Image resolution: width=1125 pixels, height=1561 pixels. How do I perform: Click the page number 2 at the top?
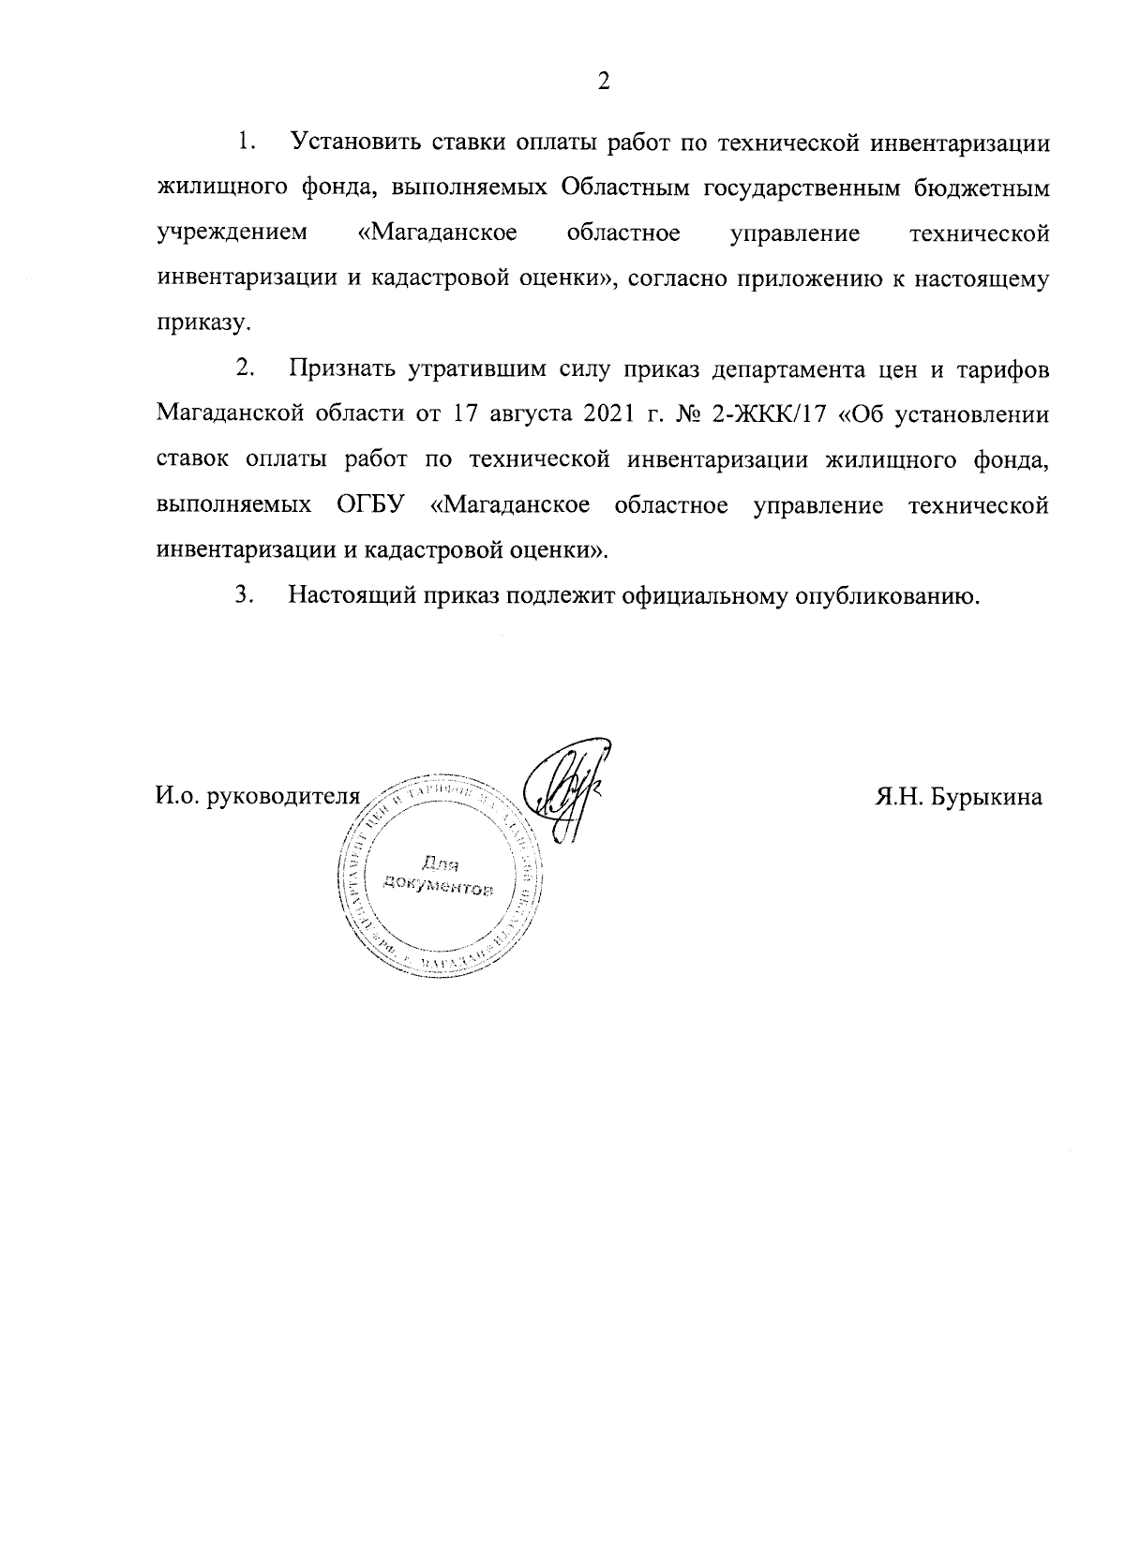click(604, 82)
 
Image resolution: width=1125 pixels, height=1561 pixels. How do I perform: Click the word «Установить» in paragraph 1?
click(353, 143)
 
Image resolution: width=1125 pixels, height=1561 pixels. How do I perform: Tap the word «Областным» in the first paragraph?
click(625, 188)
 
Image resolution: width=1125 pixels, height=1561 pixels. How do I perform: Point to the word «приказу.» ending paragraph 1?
click(203, 324)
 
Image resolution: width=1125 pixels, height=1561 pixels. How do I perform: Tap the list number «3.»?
click(245, 595)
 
